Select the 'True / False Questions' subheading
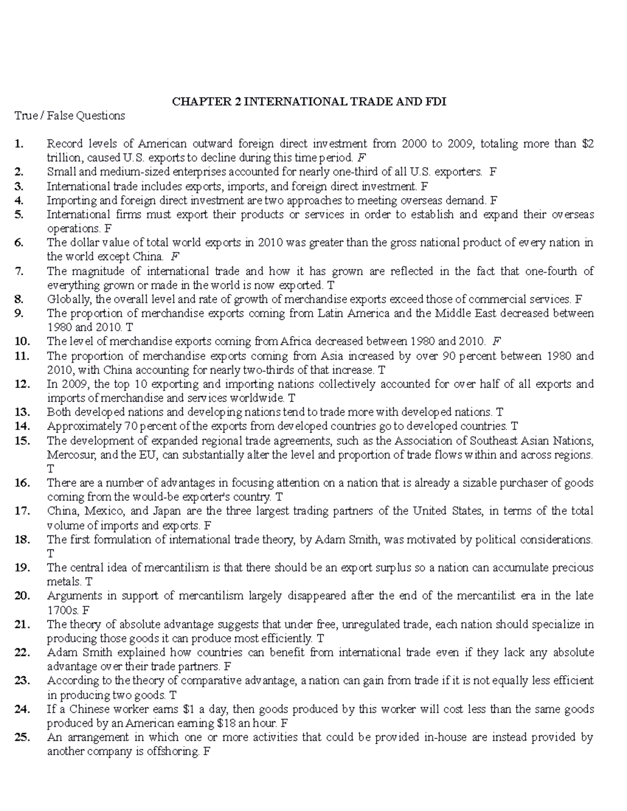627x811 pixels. pos(70,115)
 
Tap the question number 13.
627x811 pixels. pos(22,412)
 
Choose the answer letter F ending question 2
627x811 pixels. pos(493,172)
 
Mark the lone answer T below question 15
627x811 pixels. pos(51,468)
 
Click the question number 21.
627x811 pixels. pos(22,624)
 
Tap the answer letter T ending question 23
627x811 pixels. pos(173,695)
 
